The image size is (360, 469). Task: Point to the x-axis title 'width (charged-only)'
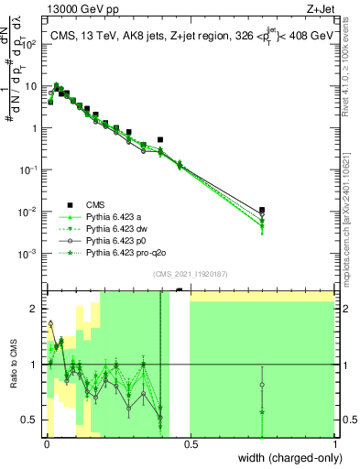(x=287, y=458)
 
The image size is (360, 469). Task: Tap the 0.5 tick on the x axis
(x=190, y=443)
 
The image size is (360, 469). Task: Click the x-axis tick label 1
(x=335, y=443)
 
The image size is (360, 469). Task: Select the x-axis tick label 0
(x=45, y=443)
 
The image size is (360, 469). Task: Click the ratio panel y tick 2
(x=36, y=308)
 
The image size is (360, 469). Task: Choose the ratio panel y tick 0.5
(x=32, y=420)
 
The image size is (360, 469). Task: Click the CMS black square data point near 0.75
(x=263, y=210)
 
